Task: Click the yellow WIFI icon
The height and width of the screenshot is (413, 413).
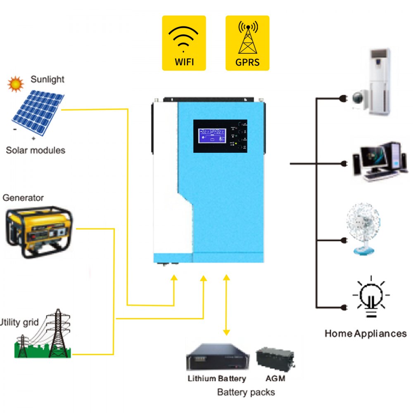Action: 183,43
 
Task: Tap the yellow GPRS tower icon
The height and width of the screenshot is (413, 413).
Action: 247,43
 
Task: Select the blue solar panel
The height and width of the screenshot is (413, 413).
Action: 38,112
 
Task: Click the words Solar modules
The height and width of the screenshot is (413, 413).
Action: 36,150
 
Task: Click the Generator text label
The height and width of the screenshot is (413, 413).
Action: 23,198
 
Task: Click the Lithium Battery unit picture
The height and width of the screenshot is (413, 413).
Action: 217,358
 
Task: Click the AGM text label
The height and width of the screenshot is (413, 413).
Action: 275,378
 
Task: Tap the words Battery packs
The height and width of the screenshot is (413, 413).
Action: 246,392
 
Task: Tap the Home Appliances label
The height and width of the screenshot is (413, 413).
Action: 366,333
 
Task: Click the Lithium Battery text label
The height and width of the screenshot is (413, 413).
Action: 217,378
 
